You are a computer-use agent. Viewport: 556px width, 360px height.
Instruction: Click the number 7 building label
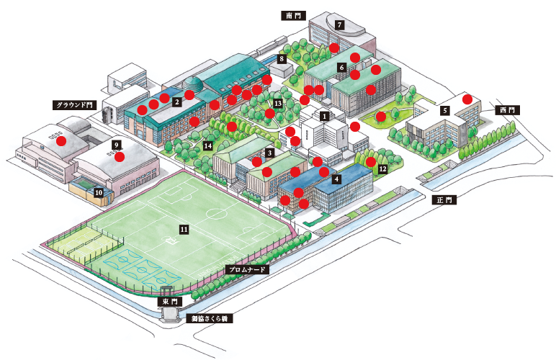click(340, 24)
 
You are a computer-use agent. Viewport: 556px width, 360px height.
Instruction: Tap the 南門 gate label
click(293, 16)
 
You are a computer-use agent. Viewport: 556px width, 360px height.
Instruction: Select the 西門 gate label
click(507, 110)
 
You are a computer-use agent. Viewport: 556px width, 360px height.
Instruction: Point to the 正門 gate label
click(444, 200)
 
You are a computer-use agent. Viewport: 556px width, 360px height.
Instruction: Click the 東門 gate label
click(170, 302)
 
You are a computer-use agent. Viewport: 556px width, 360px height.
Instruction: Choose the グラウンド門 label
click(74, 105)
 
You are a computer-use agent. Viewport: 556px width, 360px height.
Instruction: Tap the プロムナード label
click(247, 270)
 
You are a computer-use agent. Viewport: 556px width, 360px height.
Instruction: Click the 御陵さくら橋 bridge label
click(209, 318)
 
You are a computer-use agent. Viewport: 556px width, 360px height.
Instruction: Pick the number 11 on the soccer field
click(184, 230)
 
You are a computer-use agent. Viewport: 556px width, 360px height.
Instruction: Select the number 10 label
click(98, 193)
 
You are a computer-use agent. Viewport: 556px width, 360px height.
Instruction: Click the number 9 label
click(116, 145)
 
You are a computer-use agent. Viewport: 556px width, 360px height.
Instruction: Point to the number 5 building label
click(445, 111)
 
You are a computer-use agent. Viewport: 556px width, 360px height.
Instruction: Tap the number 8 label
click(282, 59)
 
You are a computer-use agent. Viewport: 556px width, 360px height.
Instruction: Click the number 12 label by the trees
click(382, 169)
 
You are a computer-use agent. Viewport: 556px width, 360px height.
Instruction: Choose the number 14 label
click(208, 145)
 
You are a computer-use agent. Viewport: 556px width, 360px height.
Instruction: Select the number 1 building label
click(324, 116)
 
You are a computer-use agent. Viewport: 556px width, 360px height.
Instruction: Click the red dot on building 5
click(467, 99)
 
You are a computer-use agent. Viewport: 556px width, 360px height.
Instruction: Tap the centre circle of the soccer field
click(216, 214)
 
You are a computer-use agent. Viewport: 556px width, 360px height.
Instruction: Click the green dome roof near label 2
click(192, 85)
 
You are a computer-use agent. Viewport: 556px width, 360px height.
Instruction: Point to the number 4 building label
click(336, 179)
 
